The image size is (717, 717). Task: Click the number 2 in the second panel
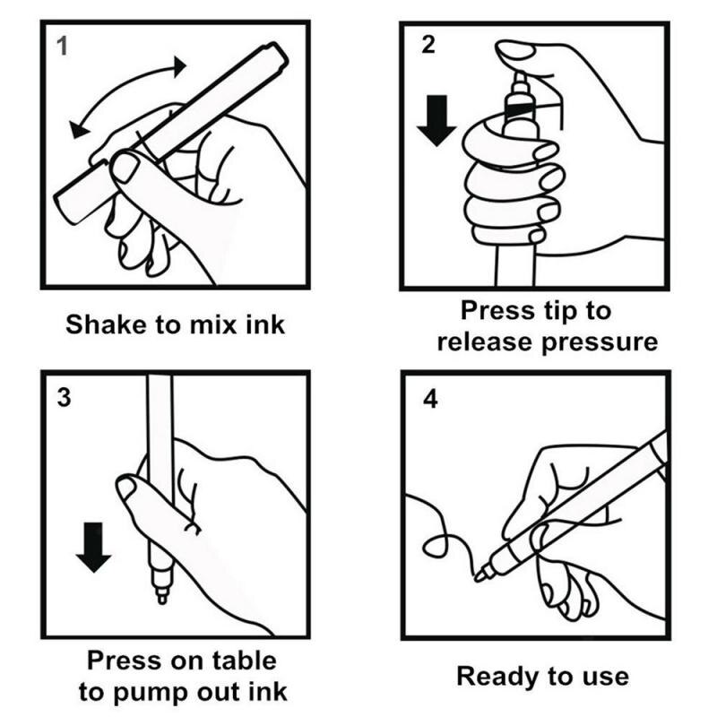pyautogui.click(x=428, y=45)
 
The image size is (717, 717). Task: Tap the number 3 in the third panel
pyautogui.click(x=63, y=397)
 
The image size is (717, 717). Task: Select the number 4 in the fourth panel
pyautogui.click(x=430, y=398)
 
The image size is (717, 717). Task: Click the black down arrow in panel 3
pyautogui.click(x=93, y=549)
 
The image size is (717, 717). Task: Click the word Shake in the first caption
pyautogui.click(x=104, y=324)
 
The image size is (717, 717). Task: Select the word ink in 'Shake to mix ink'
pyautogui.click(x=265, y=324)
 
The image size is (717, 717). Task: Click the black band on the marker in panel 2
pyautogui.click(x=517, y=109)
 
